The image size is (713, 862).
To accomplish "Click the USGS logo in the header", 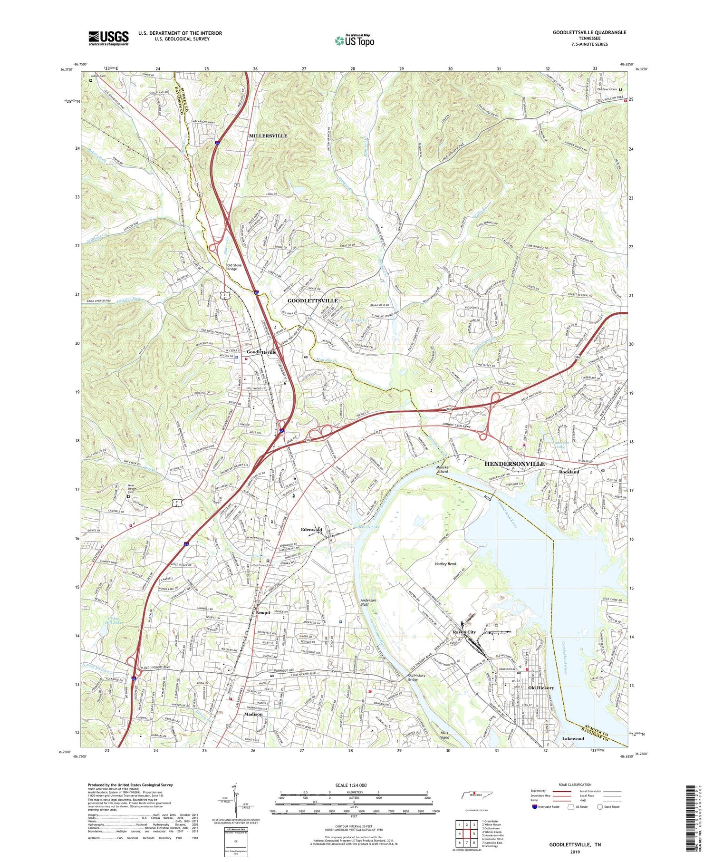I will [108, 38].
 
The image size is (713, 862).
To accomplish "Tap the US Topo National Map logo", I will [354, 40].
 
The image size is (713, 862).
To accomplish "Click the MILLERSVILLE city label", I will [268, 136].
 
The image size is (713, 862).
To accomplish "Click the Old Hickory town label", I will [541, 688].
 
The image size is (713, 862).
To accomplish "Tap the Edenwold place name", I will [312, 530].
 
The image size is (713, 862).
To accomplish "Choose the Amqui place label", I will [263, 613].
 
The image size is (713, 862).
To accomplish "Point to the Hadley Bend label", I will [445, 564].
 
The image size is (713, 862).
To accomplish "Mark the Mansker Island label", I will [443, 469].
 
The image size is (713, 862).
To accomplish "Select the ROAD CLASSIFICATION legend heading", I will [575, 785].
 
